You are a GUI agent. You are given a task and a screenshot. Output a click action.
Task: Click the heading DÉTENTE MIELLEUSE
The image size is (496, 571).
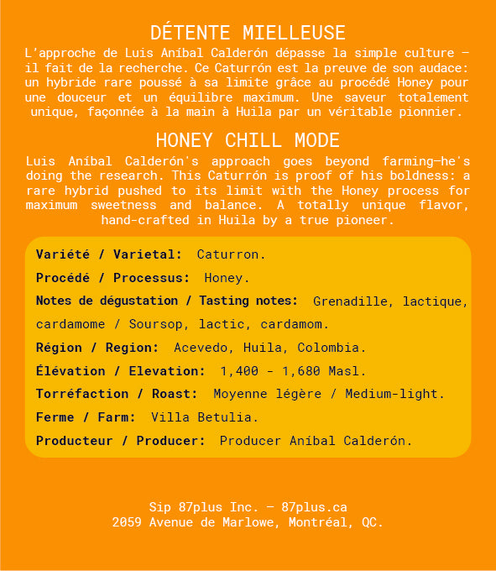coord(248,33)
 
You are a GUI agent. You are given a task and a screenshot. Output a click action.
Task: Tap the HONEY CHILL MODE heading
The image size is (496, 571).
coord(248,140)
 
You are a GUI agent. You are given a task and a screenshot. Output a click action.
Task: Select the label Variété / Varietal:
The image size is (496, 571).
coord(109,254)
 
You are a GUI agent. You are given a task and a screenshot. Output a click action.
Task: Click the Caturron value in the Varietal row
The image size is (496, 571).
coord(232,254)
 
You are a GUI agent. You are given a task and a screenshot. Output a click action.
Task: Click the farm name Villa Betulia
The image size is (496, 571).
coord(205,416)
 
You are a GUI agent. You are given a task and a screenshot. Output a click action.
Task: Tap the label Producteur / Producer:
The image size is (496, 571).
coord(120,440)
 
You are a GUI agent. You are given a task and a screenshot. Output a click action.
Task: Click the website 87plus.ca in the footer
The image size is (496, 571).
coord(315,507)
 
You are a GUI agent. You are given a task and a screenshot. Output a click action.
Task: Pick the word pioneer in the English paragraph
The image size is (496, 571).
coord(366,221)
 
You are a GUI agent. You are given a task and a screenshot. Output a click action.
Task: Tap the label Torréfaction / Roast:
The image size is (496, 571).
coord(117,394)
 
